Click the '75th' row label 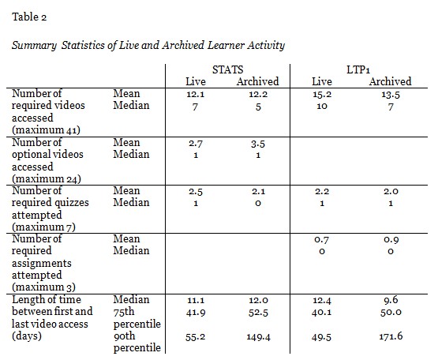tap(125, 312)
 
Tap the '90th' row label tap(125, 336)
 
